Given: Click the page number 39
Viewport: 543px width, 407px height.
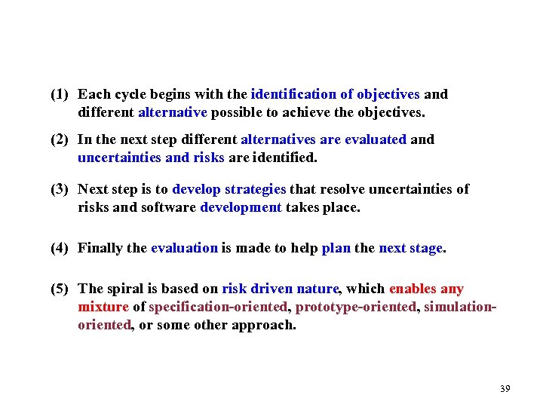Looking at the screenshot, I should (505, 389).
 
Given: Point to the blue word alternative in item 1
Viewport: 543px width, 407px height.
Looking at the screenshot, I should (173, 113).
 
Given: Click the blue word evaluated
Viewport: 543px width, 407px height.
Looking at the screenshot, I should (375, 139).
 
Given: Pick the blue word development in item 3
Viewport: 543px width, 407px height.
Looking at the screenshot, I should (241, 207).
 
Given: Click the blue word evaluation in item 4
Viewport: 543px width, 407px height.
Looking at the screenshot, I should (184, 248).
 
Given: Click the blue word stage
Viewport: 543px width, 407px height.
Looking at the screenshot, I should (426, 248).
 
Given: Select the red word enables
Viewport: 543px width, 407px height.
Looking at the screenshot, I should (412, 289).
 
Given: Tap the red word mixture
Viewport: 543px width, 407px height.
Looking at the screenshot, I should (103, 308).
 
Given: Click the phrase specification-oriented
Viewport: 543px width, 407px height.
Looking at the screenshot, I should (219, 308).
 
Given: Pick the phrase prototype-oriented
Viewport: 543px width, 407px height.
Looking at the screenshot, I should (356, 308).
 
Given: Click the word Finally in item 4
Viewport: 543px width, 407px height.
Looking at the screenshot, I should (102, 248).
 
